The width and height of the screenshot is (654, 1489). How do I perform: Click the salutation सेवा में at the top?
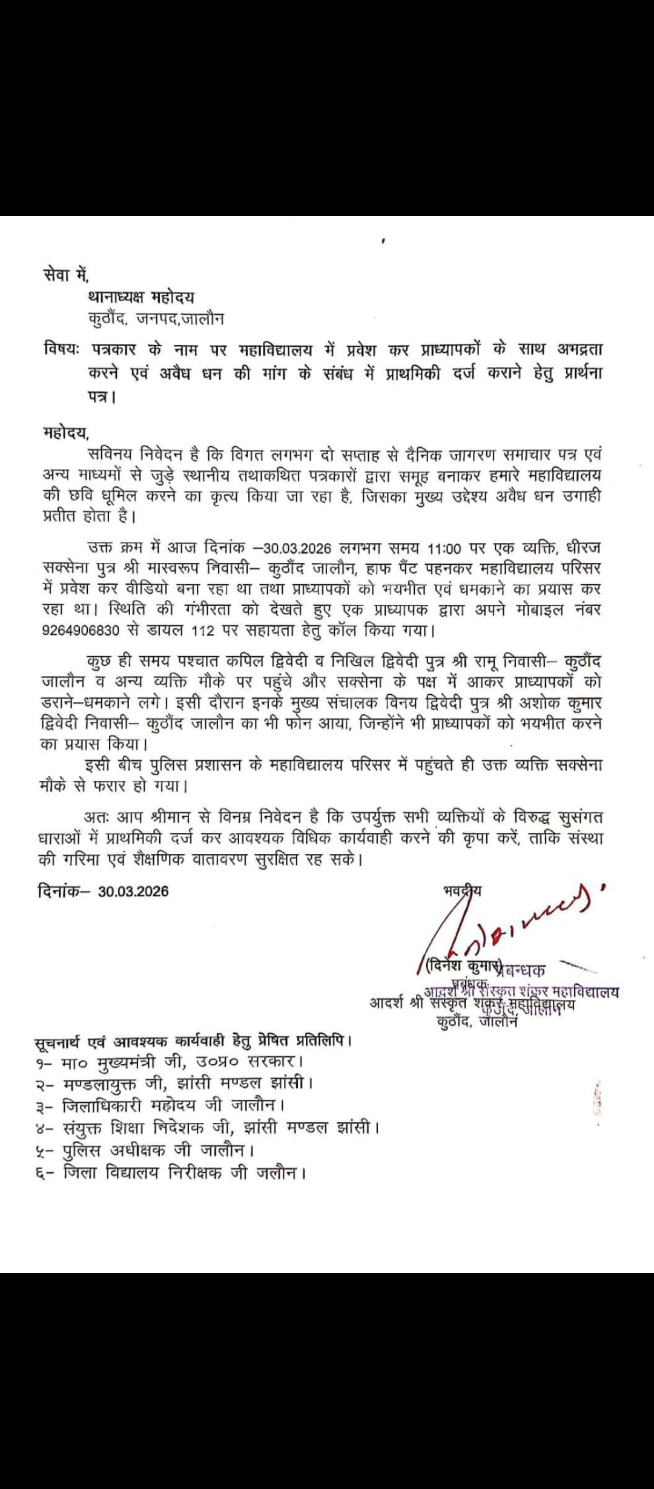pyautogui.click(x=66, y=275)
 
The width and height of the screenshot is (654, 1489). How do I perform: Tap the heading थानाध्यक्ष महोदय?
pyautogui.click(x=141, y=297)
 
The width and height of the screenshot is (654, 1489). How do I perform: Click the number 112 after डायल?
pyautogui.click(x=202, y=631)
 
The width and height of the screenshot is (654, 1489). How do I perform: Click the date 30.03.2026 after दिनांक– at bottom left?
pyautogui.click(x=133, y=891)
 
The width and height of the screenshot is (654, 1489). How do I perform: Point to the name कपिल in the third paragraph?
pyautogui.click(x=245, y=660)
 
